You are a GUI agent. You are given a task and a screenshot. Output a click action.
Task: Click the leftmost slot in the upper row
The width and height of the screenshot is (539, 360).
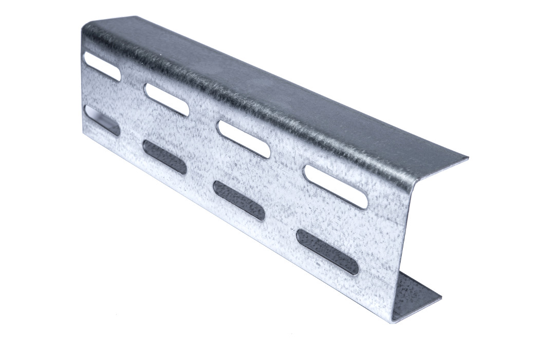coord(101,67)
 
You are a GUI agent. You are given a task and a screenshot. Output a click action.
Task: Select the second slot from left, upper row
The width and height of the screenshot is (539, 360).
coord(166,99)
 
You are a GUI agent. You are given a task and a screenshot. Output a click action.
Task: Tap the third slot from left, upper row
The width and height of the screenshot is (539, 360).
coord(244,138)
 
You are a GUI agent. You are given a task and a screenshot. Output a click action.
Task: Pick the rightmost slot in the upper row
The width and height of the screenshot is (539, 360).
coord(336,187)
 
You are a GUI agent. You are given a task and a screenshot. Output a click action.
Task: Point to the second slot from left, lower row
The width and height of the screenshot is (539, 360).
coord(164,157)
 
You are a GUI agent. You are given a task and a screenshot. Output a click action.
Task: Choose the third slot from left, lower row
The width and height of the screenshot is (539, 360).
coord(239,200)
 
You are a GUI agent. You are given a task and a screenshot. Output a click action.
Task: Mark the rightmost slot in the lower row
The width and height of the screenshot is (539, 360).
coord(327,251)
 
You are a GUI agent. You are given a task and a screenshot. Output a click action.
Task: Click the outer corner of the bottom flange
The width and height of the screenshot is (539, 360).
coord(441,297)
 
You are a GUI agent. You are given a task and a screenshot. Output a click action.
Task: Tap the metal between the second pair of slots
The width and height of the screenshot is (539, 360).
coord(165,128)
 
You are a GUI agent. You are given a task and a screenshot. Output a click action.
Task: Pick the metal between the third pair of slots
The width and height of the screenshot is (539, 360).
coord(241,169)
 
